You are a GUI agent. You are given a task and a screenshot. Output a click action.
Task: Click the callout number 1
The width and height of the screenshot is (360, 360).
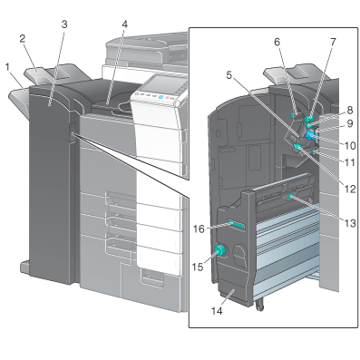click(x=8, y=67)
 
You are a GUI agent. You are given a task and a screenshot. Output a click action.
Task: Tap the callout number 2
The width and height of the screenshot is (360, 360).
click(x=23, y=38)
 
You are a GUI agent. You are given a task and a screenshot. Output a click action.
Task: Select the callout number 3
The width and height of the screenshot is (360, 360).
click(x=64, y=24)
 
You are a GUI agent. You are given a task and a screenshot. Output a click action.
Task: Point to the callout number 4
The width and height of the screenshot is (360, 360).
click(x=125, y=24)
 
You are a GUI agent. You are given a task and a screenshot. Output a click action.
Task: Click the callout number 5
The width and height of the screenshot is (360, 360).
click(x=229, y=74)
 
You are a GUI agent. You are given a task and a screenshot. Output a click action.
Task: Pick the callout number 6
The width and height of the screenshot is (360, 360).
click(x=277, y=42)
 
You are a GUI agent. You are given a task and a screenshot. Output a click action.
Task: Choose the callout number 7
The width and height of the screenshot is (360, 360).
click(x=333, y=42)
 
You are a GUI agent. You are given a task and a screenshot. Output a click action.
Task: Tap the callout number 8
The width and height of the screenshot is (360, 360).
click(x=350, y=111)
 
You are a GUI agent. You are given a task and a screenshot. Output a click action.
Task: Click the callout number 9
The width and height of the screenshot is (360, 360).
click(x=350, y=123)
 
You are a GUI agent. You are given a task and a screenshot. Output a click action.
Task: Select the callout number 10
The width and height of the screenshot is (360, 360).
click(x=350, y=146)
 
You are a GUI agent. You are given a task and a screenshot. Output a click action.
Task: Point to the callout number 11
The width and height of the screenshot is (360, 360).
click(x=350, y=162)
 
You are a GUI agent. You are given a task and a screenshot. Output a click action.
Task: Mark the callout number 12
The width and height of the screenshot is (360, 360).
click(x=350, y=190)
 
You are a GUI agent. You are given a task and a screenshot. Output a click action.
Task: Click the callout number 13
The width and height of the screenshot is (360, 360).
click(x=350, y=223)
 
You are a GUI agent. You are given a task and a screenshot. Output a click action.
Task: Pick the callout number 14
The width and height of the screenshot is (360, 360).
click(x=217, y=311)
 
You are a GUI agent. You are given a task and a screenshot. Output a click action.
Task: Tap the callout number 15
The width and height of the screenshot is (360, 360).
click(x=198, y=267)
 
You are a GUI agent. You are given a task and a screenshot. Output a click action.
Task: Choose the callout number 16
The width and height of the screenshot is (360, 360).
click(x=199, y=229)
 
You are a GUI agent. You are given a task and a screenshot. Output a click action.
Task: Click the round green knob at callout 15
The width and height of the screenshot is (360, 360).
click(x=219, y=250)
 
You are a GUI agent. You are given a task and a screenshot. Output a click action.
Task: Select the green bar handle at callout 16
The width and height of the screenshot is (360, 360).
click(x=237, y=225)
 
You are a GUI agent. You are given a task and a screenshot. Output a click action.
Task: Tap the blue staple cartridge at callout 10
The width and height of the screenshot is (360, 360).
click(x=311, y=135)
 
